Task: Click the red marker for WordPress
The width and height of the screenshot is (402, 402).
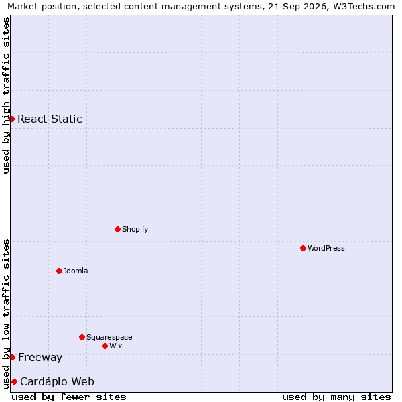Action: (x=303, y=248)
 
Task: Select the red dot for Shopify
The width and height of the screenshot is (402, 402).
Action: (x=117, y=229)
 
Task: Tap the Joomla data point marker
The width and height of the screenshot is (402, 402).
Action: (x=59, y=271)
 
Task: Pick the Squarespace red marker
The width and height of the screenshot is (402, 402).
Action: (x=82, y=337)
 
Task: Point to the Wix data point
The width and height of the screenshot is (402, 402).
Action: (x=105, y=346)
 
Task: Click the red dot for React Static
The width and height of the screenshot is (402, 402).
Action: (x=12, y=119)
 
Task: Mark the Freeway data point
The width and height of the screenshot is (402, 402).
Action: (x=13, y=357)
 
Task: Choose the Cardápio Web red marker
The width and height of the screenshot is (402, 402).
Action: (x=14, y=381)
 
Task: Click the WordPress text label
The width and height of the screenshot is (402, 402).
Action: (x=326, y=248)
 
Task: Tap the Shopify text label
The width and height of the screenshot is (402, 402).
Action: (x=135, y=229)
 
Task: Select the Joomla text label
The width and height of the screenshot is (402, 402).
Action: (x=76, y=271)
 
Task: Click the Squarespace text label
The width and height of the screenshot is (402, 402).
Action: (x=109, y=337)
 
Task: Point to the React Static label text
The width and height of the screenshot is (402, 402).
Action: (x=50, y=119)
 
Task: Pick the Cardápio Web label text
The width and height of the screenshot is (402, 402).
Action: (x=57, y=381)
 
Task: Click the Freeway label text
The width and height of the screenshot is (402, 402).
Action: (x=40, y=358)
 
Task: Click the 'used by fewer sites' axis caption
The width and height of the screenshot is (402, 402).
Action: (x=69, y=397)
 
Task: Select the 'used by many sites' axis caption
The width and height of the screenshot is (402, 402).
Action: (x=336, y=397)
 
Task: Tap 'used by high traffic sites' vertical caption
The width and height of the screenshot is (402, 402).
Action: (x=6, y=95)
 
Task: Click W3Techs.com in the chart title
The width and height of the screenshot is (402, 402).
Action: (x=364, y=7)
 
